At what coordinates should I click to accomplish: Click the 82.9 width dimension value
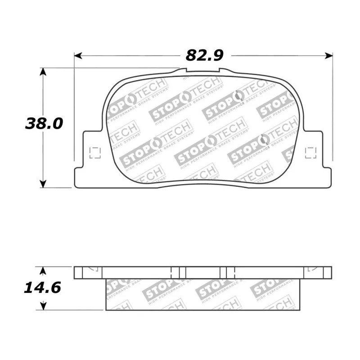tap(204, 55)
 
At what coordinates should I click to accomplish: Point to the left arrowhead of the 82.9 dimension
tap(78, 55)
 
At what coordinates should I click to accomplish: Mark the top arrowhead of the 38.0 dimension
tap(43, 72)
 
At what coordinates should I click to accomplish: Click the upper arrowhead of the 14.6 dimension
tap(43, 270)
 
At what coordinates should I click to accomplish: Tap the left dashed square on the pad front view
tap(95, 153)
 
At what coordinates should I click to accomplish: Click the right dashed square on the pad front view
tap(310, 153)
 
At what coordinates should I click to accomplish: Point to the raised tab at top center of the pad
tap(202, 71)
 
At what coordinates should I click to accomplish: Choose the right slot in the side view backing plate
tap(228, 272)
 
